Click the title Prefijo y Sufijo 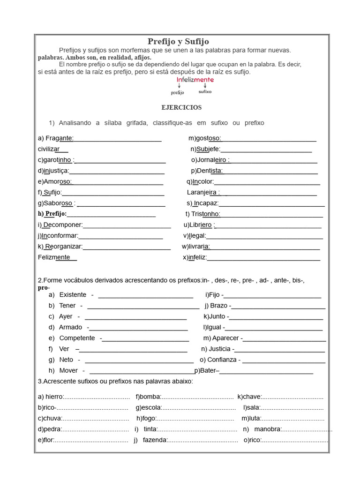pyautogui.click(x=178, y=42)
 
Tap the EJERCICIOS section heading pyautogui.click(x=181, y=107)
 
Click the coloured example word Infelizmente pyautogui.click(x=195, y=80)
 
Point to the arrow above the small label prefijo pyautogui.click(x=179, y=86)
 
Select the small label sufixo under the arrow pyautogui.click(x=205, y=92)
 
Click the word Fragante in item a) pyautogui.click(x=59, y=138)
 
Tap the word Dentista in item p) pyautogui.click(x=210, y=171)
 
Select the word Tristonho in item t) pyautogui.click(x=205, y=214)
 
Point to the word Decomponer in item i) pyautogui.click(x=63, y=225)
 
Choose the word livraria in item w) pyautogui.click(x=199, y=247)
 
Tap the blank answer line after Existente pyautogui.click(x=145, y=296)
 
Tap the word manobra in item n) pyautogui.click(x=269, y=429)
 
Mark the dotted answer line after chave pyautogui.click(x=293, y=397)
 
